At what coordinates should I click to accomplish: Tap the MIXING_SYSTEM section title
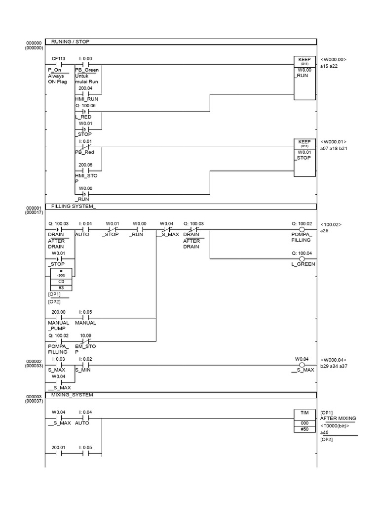click(72, 395)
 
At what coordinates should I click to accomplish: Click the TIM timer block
click(304, 420)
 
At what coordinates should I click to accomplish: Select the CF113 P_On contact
click(58, 64)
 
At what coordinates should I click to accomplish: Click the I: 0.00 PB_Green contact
click(85, 64)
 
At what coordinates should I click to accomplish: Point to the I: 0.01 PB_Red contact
click(85, 147)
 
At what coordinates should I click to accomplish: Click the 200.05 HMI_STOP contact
click(85, 171)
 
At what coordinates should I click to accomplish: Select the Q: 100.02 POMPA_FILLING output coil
click(302, 230)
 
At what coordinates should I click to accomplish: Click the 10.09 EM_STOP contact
click(85, 341)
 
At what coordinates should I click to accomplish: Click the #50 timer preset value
click(304, 429)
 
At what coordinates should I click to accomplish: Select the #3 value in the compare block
click(62, 287)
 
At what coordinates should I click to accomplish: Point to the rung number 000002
click(34, 361)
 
